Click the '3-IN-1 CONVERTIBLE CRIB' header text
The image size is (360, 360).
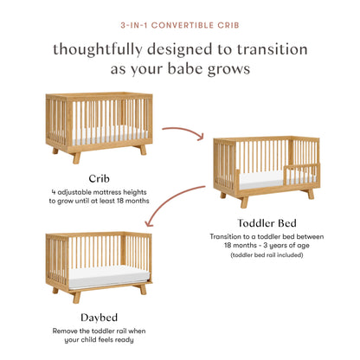180,25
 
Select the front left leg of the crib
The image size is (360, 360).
76,157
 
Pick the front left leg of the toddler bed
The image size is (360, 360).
245,201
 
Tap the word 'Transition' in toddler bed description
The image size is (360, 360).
230,235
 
